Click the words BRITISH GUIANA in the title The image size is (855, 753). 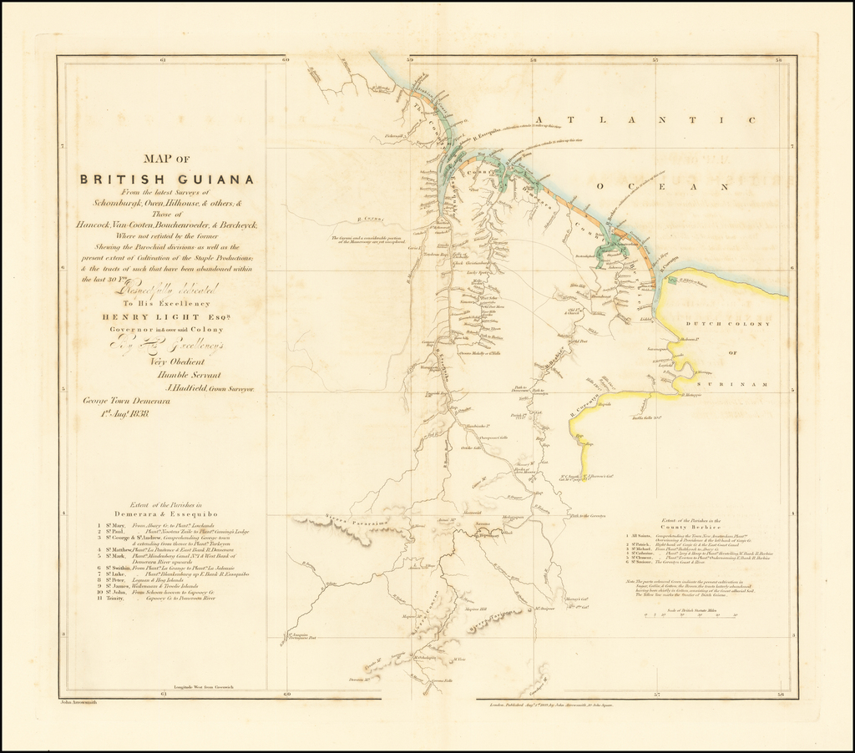167,179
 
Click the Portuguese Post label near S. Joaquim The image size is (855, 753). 300,639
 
